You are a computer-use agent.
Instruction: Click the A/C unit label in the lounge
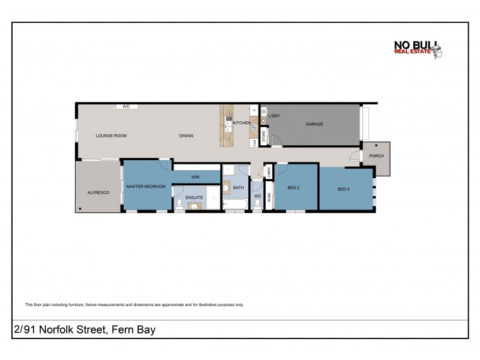pyautogui.click(x=127, y=106)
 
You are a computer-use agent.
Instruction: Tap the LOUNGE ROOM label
pyautogui.click(x=111, y=136)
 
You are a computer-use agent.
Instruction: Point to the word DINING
pyautogui.click(x=186, y=136)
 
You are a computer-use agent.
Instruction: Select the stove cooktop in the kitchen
pyautogui.click(x=254, y=128)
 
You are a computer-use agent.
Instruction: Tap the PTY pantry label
pyautogui.click(x=254, y=143)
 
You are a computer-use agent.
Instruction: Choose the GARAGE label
pyautogui.click(x=314, y=124)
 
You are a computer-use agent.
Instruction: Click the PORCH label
pyautogui.click(x=376, y=156)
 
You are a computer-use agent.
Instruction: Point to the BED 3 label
pyautogui.click(x=343, y=190)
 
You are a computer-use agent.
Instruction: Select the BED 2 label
pyautogui.click(x=293, y=188)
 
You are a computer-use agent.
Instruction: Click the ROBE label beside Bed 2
pyautogui.click(x=269, y=196)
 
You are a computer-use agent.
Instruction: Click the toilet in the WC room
pyautogui.click(x=257, y=205)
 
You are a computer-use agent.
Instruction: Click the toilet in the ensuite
pyautogui.click(x=179, y=204)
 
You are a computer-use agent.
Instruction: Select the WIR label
pyautogui.click(x=195, y=177)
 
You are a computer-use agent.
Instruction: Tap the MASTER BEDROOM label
pyautogui.click(x=146, y=187)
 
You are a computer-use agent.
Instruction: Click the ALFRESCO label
pyautogui.click(x=98, y=191)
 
